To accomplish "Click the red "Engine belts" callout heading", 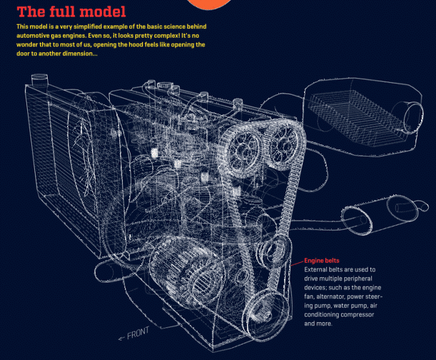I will (x=322, y=261).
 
